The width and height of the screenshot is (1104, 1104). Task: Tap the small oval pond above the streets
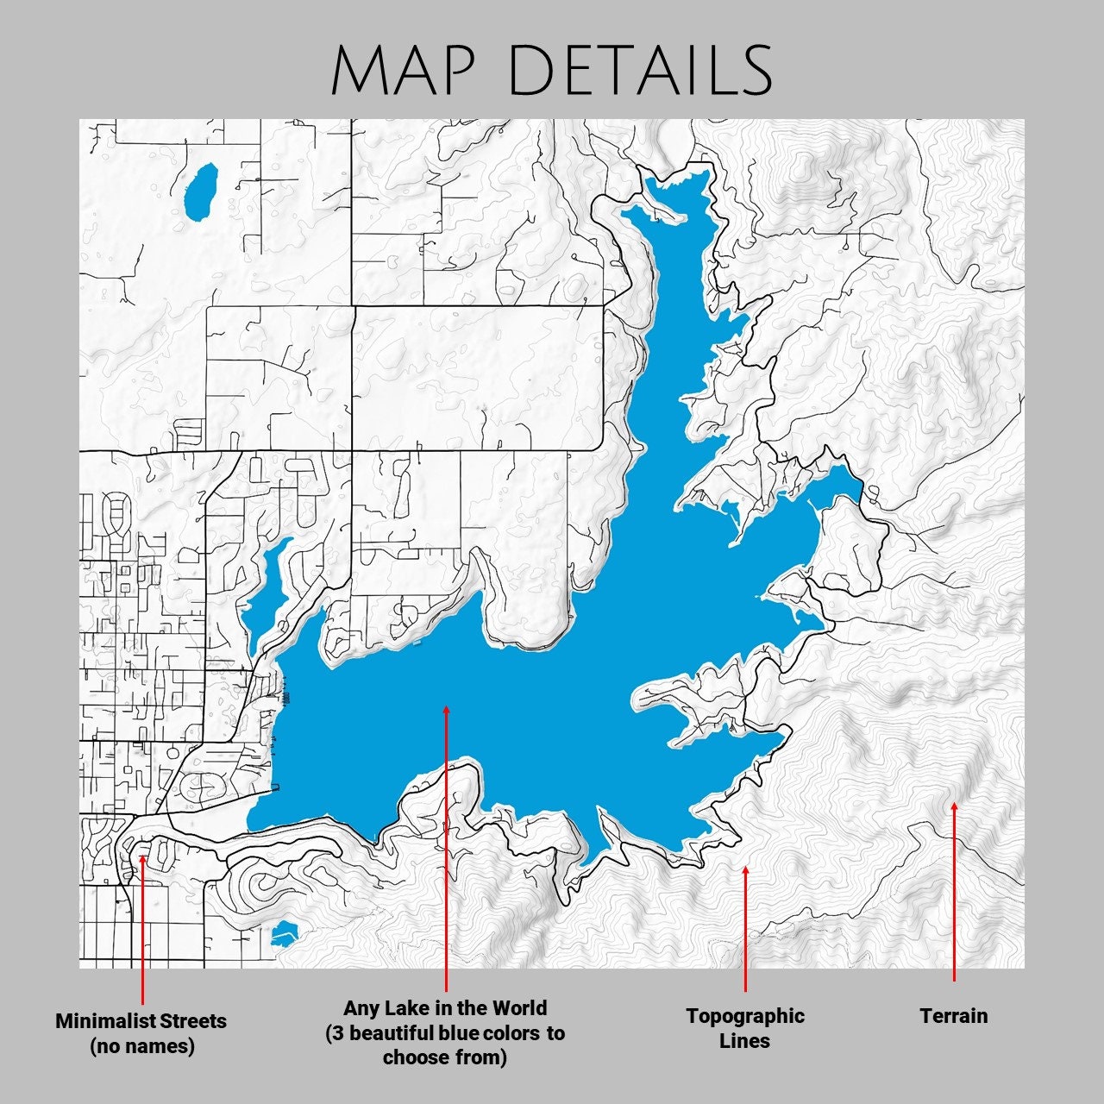[x=201, y=191]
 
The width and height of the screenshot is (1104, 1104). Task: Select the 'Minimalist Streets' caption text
[x=141, y=1021]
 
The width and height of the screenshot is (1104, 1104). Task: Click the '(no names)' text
[x=141, y=1046]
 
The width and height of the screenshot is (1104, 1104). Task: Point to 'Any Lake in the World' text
[x=445, y=1008]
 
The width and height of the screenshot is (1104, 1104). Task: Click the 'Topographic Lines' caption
[x=745, y=1028]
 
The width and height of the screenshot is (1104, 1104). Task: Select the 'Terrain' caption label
[x=953, y=1016]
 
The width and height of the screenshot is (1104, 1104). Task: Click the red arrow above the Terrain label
[x=954, y=892]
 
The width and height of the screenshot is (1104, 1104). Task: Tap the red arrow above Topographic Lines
[x=745, y=928]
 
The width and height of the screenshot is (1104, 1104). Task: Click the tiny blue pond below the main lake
[x=284, y=933]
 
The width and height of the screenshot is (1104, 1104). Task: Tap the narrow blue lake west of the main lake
[x=263, y=595]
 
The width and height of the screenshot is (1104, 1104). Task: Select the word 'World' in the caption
[x=519, y=1008]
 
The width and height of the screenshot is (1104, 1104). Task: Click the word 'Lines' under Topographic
[x=744, y=1041]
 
